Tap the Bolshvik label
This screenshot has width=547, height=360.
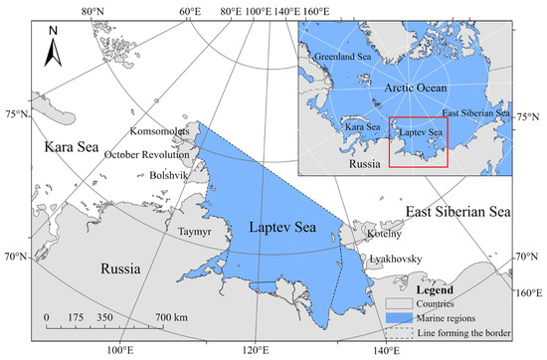[x=145, y=174]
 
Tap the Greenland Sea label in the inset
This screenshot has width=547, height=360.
[x=344, y=57]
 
